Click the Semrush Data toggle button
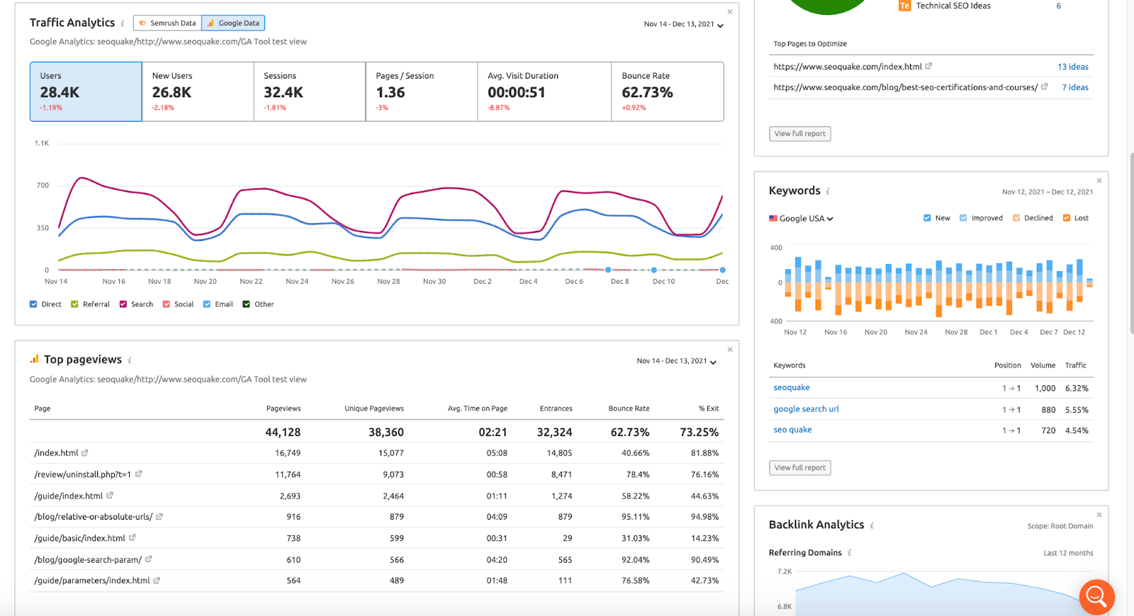coord(167,23)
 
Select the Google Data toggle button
coord(233,23)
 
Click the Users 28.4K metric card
coord(86,91)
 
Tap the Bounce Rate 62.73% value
coord(647,93)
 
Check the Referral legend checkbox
coord(74,304)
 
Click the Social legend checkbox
coord(166,304)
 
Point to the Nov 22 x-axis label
coord(251,281)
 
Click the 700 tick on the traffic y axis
coord(43,185)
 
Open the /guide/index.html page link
coord(68,496)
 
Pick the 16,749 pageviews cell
coord(288,453)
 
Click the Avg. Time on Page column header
coord(478,408)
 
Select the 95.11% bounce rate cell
coord(635,517)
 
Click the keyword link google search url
coord(806,409)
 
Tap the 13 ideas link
coord(1073,67)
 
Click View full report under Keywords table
coord(800,467)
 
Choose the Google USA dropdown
coord(801,219)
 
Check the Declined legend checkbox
coord(1016,218)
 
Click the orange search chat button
coord(1096,597)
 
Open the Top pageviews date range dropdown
coord(676,361)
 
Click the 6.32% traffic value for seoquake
coord(1077,389)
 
